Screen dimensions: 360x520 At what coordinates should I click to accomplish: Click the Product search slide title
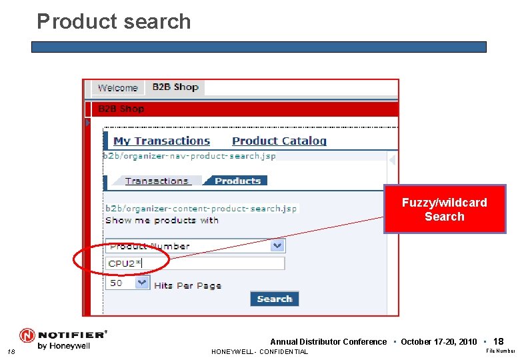(x=114, y=21)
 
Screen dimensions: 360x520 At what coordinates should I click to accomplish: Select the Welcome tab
(x=117, y=87)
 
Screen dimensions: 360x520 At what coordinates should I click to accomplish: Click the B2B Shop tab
(x=175, y=87)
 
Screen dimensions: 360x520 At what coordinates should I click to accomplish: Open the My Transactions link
(x=161, y=141)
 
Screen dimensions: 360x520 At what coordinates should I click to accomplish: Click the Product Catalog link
(x=279, y=141)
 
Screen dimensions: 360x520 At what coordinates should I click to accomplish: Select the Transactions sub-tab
(x=157, y=181)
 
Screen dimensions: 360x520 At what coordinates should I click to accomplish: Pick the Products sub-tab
(x=237, y=181)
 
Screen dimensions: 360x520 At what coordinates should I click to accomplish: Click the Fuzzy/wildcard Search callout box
(x=444, y=209)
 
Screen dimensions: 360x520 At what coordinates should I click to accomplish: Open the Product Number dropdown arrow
(x=277, y=246)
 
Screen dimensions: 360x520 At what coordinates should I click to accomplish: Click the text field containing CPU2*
(x=195, y=263)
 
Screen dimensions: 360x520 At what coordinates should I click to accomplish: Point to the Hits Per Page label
(x=187, y=285)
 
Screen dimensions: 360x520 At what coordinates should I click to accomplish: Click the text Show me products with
(x=162, y=220)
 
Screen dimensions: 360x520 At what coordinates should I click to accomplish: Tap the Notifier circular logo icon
(x=27, y=335)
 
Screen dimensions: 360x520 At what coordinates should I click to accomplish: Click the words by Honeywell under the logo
(x=63, y=346)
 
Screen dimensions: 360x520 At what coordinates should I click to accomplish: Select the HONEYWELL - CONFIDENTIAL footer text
(x=259, y=352)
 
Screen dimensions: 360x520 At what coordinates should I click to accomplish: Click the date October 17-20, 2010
(x=439, y=342)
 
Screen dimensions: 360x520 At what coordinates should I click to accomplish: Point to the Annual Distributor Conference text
(x=328, y=342)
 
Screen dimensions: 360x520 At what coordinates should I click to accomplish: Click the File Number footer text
(x=500, y=351)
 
